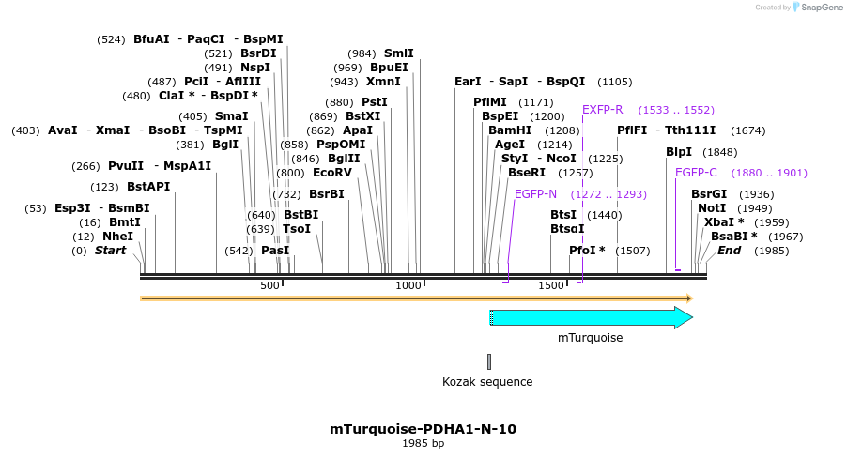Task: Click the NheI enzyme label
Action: (x=117, y=237)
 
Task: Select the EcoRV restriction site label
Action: (x=332, y=173)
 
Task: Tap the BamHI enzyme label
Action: (x=510, y=130)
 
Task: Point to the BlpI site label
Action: (x=679, y=152)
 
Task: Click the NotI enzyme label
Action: (x=712, y=208)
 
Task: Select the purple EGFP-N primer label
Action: (x=535, y=194)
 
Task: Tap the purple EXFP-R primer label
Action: (x=603, y=110)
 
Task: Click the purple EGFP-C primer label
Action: (x=696, y=173)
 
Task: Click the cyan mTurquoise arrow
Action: (x=591, y=317)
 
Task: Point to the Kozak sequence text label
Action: (x=487, y=382)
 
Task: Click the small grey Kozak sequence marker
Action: (x=489, y=361)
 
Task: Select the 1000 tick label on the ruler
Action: (x=408, y=285)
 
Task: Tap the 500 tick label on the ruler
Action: (x=269, y=285)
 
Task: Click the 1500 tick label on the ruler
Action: (x=550, y=285)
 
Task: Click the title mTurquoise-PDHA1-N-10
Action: (x=423, y=429)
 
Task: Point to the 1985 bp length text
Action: (x=423, y=443)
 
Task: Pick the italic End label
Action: (x=730, y=251)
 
